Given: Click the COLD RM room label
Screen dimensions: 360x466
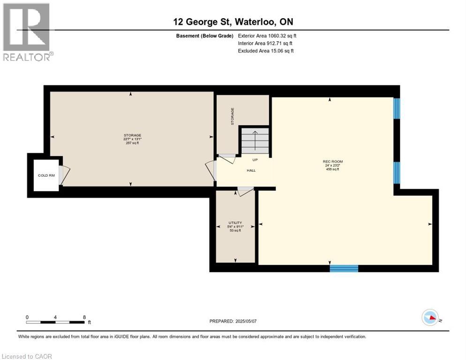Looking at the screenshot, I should pos(46,176).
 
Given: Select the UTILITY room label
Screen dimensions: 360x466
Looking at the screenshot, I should pos(235,223).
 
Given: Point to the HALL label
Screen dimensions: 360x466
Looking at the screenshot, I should pos(251,170).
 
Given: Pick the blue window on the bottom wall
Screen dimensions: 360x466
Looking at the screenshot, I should pos(344,269).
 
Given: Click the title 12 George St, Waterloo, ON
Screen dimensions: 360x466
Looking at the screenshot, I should pos(233,22).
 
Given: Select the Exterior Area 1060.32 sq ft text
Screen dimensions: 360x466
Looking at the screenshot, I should pos(267,36).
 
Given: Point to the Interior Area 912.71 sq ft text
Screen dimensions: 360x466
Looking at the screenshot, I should pos(265,43).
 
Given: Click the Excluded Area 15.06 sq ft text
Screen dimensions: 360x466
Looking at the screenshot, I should pos(266,51).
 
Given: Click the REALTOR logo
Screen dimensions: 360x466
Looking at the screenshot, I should pos(27,32).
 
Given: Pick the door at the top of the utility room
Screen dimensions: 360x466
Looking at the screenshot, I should pos(245,191).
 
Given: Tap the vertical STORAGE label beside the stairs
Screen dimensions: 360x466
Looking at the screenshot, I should pos(233,116).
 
